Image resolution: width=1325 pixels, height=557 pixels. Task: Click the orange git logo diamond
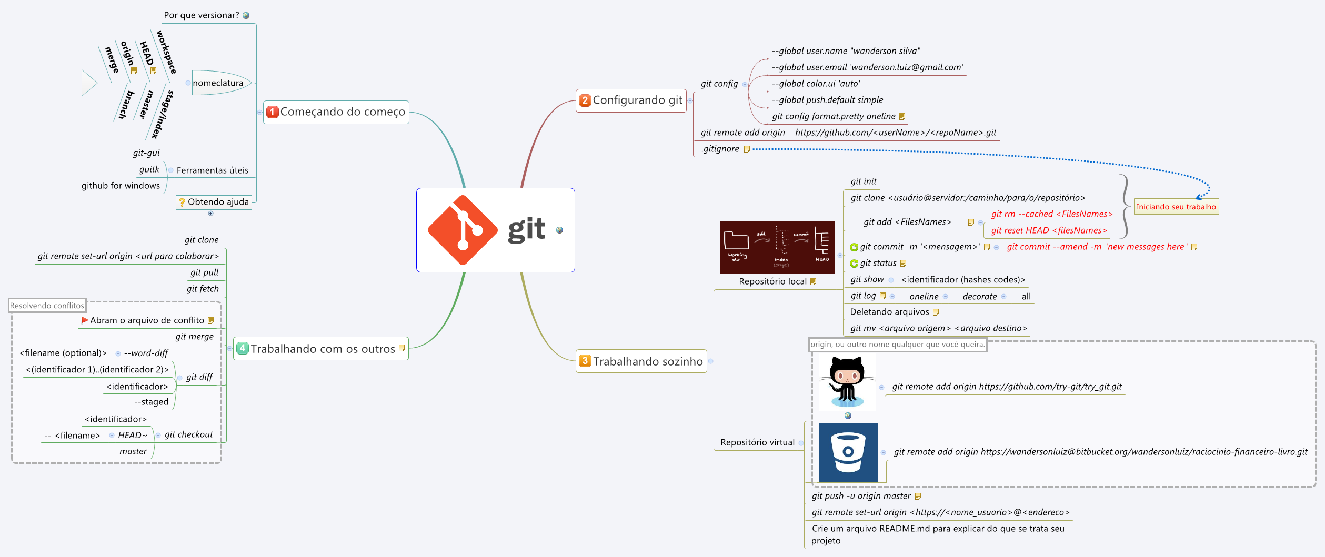pyautogui.click(x=463, y=230)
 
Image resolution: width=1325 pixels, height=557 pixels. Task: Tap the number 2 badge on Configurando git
pyautogui.click(x=585, y=100)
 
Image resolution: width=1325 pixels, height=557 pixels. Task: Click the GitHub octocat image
pyautogui.click(x=847, y=382)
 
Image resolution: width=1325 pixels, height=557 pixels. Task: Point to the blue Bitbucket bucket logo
pyautogui.click(x=848, y=452)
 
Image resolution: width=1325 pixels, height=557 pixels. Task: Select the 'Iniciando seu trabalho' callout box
pyautogui.click(x=1176, y=207)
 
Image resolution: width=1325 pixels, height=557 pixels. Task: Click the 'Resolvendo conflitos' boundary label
pyautogui.click(x=47, y=306)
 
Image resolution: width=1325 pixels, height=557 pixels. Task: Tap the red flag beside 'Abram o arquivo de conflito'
pyautogui.click(x=84, y=320)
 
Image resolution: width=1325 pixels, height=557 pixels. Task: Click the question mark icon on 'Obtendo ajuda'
pyautogui.click(x=182, y=202)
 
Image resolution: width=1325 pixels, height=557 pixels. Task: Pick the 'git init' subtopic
pyautogui.click(x=864, y=181)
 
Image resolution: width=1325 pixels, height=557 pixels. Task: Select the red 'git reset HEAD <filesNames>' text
pyautogui.click(x=1049, y=230)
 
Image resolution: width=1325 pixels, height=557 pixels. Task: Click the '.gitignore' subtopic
pyautogui.click(x=720, y=149)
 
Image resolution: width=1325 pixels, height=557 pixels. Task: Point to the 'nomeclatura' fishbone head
pyautogui.click(x=218, y=83)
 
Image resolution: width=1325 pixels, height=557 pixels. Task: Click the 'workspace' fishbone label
pyautogui.click(x=166, y=52)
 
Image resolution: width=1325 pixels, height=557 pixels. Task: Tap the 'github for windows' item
pyautogui.click(x=121, y=186)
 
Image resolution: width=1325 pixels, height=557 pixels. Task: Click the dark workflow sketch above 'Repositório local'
pyautogui.click(x=777, y=247)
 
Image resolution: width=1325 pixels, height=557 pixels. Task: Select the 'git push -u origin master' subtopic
pyautogui.click(x=861, y=496)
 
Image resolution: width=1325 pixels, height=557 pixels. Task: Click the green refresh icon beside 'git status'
pyautogui.click(x=854, y=264)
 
